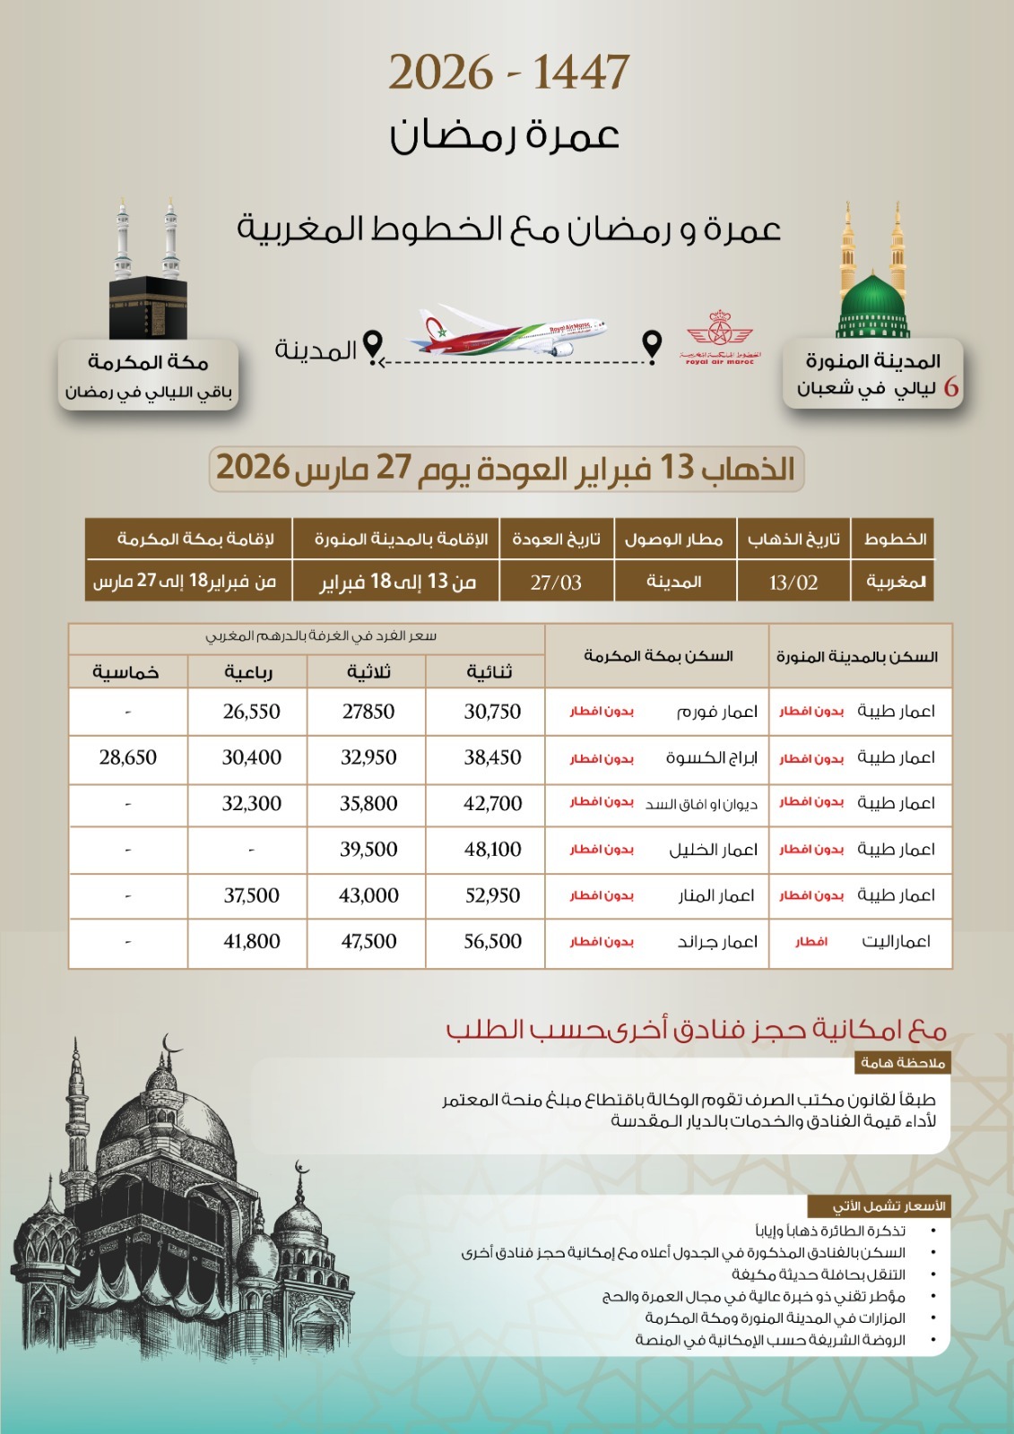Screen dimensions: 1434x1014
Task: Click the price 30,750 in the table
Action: [492, 712]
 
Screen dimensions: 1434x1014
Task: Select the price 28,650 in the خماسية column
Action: [127, 758]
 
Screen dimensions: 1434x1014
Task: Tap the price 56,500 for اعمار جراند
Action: [492, 942]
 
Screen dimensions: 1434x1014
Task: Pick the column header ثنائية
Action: [490, 672]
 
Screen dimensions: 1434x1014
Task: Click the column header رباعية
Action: [248, 672]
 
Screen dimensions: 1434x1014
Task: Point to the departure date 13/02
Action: [793, 583]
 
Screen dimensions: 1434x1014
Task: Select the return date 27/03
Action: [556, 583]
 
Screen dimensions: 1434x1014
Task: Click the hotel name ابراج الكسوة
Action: [712, 758]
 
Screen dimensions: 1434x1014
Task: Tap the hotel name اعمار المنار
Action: [716, 895]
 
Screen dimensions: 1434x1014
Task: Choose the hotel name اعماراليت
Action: [896, 942]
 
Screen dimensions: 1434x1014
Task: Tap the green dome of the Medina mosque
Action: [872, 300]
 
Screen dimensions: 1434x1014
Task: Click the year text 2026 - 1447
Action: [508, 73]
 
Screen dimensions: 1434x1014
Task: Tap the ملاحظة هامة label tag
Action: [903, 1063]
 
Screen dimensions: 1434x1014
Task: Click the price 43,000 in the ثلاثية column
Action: [368, 895]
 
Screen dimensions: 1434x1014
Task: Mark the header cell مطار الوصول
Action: [673, 540]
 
